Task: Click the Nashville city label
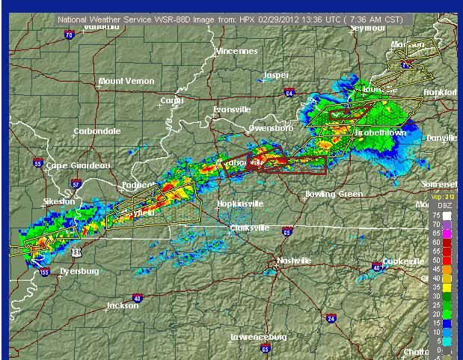[x=294, y=260]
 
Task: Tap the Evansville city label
[x=231, y=109]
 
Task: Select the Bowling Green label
[x=334, y=194]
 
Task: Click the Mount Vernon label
[x=126, y=81]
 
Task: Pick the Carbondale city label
[x=96, y=131]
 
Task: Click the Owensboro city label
[x=270, y=128]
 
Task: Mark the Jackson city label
[x=122, y=305]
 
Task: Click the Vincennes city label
[x=236, y=51]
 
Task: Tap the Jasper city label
[x=276, y=75]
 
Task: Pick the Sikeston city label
[x=59, y=201]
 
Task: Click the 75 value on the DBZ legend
[x=435, y=214]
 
